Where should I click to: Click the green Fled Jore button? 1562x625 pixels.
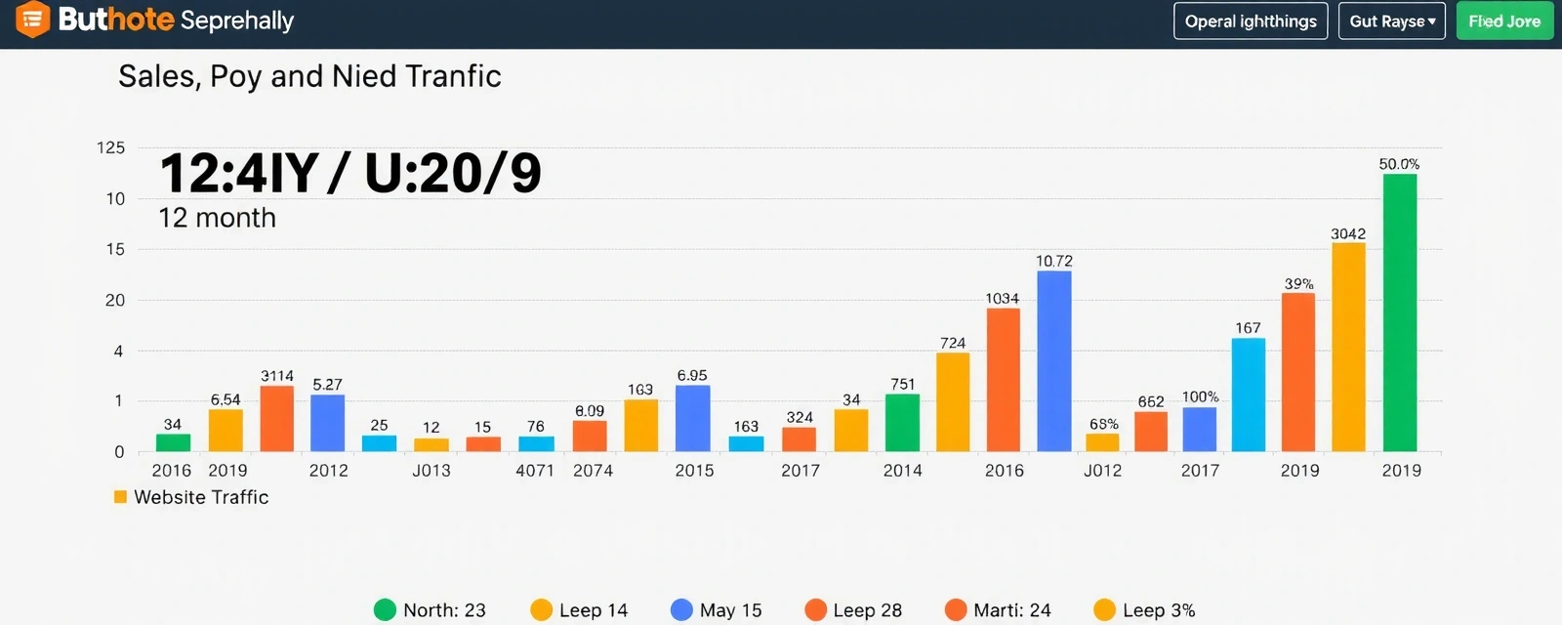tap(1503, 21)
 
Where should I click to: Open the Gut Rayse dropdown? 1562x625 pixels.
tap(1391, 21)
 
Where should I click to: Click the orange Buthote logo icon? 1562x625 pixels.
tap(32, 19)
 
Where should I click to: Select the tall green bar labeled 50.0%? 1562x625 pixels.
tap(1399, 312)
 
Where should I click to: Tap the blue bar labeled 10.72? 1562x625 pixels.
tap(1053, 360)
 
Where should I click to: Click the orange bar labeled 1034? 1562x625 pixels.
tap(1003, 380)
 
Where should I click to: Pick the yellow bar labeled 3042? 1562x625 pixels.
tap(1348, 347)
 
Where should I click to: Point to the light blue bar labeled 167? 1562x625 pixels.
tap(1248, 395)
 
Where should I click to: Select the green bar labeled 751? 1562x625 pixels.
tap(902, 422)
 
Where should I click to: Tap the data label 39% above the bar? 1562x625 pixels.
tap(1298, 283)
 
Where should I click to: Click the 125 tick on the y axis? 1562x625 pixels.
tap(110, 147)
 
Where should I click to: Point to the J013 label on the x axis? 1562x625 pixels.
tap(431, 471)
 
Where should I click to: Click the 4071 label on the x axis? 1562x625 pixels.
tap(535, 471)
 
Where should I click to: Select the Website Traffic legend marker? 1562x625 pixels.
tap(121, 497)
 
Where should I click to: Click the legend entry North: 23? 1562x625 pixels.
tap(430, 610)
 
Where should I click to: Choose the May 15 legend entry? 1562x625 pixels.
tap(717, 610)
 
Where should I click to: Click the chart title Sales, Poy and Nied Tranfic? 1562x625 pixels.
tap(309, 76)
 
